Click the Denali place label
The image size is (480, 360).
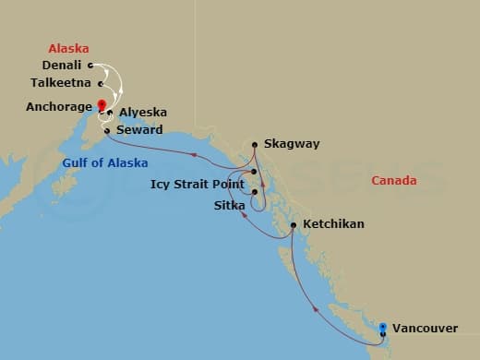[63, 66]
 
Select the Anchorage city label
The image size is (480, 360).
[58, 106]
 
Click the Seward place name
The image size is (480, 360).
[138, 130]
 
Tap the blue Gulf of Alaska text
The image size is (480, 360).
[99, 163]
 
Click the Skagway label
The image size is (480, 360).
[290, 145]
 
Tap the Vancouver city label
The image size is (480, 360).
[426, 328]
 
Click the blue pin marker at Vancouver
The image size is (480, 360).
[383, 326]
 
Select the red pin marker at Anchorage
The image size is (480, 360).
[102, 104]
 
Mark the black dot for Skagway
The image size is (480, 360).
[256, 144]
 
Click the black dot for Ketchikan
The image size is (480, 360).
[293, 224]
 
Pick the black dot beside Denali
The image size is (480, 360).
[90, 66]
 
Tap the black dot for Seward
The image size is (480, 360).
[108, 130]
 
